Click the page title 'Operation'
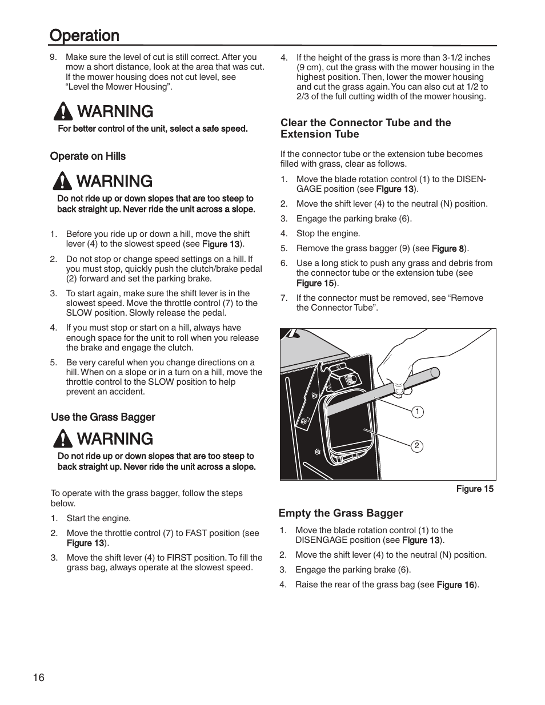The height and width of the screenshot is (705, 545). [85, 35]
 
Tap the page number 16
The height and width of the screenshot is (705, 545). [38, 678]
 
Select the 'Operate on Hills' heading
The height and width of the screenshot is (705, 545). [88, 156]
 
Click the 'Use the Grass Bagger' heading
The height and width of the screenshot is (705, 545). [103, 417]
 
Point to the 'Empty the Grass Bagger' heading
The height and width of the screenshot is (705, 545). [340, 513]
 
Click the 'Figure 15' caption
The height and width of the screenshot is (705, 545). [474, 489]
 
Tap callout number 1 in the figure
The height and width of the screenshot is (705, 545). [418, 412]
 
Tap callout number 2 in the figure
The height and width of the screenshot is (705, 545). [417, 446]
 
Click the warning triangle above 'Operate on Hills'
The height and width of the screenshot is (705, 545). [61, 181]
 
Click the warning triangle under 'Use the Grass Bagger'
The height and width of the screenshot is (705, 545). [61, 438]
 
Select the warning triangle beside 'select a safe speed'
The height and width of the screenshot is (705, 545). [61, 111]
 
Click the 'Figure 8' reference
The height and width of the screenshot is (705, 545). [447, 248]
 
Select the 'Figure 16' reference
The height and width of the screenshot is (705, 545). [455, 585]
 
